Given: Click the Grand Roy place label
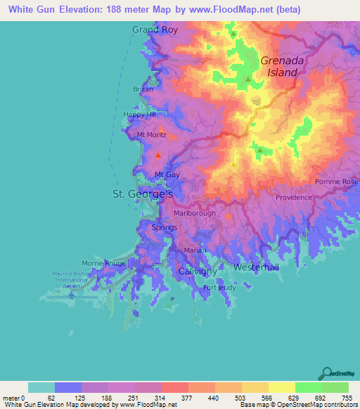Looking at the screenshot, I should (x=155, y=30).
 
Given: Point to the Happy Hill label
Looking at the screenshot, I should (x=138, y=115).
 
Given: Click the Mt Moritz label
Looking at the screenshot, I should (x=150, y=134).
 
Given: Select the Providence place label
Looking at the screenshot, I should (x=293, y=197).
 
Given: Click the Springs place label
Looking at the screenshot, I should (x=165, y=228).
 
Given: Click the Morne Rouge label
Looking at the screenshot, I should (x=103, y=263).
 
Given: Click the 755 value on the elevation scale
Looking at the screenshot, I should (x=347, y=398).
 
